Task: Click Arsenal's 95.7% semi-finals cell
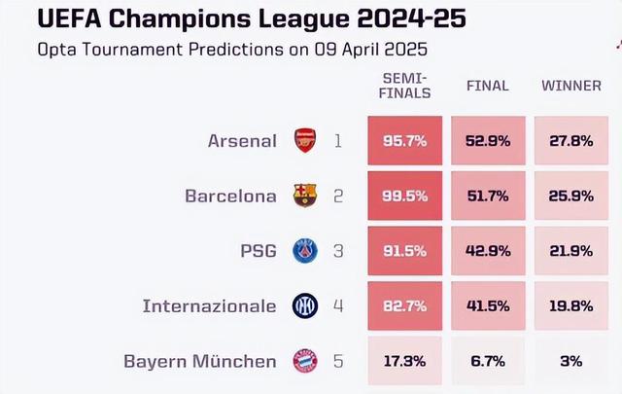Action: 404,141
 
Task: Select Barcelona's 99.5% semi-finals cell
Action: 404,196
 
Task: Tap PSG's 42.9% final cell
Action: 487,251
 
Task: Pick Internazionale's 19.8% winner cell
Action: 570,306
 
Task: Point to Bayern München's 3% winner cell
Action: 570,361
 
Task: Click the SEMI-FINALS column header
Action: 405,86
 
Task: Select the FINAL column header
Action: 487,86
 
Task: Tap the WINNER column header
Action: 570,86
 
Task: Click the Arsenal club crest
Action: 305,141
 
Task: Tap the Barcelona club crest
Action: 305,196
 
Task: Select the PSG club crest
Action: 305,251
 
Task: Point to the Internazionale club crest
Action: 305,306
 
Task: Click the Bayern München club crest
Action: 305,361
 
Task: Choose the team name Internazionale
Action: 209,306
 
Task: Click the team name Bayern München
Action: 200,361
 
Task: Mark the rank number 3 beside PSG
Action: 338,251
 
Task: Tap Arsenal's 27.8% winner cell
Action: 570,141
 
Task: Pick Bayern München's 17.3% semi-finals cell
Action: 404,361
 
